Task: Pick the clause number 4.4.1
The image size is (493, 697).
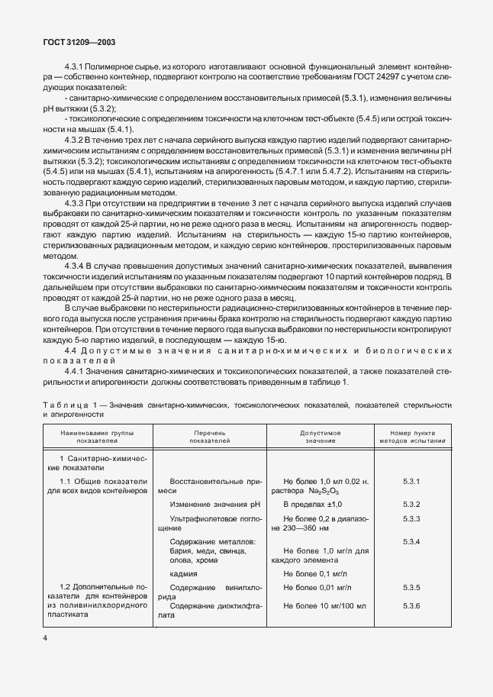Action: [78, 370]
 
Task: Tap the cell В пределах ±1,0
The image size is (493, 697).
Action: [312, 505]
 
